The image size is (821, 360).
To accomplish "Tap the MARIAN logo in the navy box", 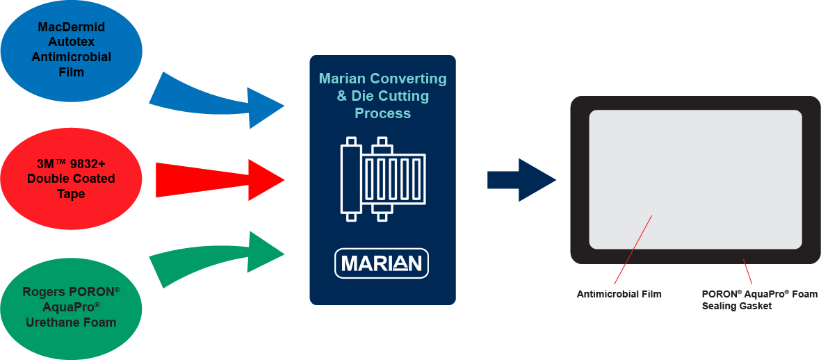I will coord(382,263).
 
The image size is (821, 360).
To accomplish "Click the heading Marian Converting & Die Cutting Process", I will coord(382,96).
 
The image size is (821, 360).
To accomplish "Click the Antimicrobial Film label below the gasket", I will coord(619,294).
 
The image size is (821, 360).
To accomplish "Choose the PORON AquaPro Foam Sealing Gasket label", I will coord(759,300).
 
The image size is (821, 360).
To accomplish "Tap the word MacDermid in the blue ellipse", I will coord(71,28).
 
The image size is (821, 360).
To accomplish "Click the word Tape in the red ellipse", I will coord(71,194).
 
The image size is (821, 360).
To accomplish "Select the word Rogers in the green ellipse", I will coord(44,293).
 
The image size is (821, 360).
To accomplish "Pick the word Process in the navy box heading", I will coord(382,113).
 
